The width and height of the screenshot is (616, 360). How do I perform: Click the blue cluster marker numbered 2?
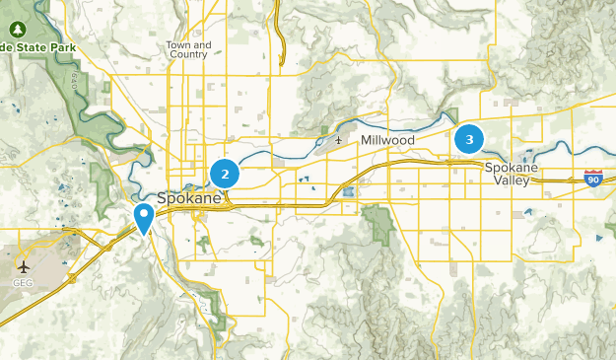pos(225,175)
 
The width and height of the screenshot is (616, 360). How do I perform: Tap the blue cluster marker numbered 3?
pos(469,140)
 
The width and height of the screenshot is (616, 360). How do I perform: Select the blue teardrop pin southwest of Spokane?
pos(144,218)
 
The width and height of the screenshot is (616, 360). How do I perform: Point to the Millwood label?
pos(387,141)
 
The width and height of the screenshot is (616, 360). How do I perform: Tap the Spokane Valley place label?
pos(511,174)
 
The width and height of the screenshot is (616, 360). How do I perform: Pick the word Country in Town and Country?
pos(187,54)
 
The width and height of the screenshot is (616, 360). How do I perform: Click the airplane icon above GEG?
pos(24,267)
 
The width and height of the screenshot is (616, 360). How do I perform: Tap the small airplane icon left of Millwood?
pos(339,140)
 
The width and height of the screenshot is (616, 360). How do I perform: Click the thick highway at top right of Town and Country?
pos(282,39)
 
